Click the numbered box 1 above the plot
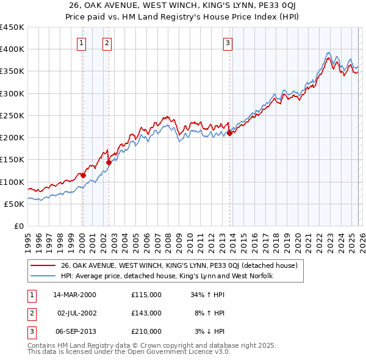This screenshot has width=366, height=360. point(82,43)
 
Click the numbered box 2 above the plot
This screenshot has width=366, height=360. point(107,43)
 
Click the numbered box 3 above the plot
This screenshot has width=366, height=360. point(227,43)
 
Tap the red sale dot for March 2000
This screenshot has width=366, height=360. point(84,176)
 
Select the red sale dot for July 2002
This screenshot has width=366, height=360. point(109,163)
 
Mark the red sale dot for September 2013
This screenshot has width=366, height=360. point(229,133)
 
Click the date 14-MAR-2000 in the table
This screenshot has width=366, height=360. point(75,295)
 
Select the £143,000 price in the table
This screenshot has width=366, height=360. point(146,313)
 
